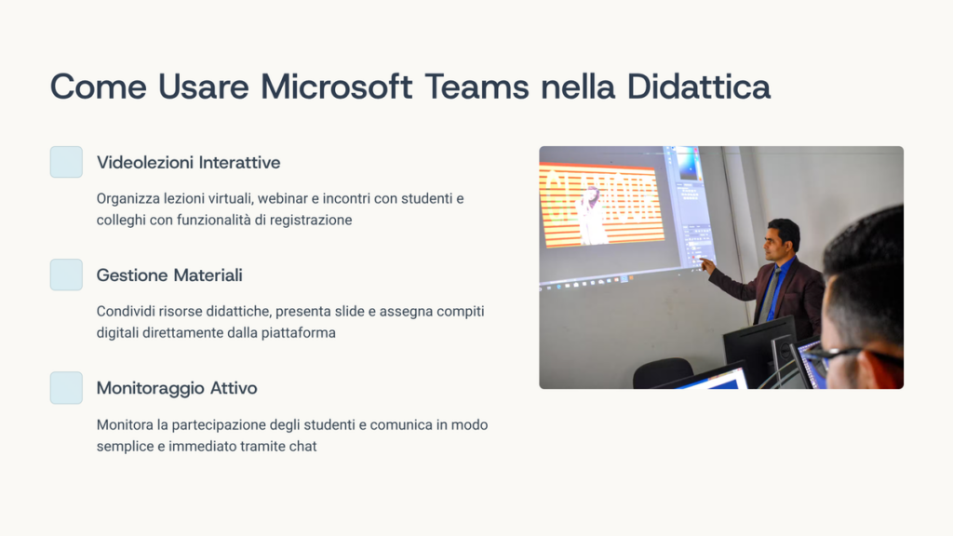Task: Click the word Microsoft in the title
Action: [x=336, y=87]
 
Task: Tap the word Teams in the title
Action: [x=476, y=87]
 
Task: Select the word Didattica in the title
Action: [x=698, y=87]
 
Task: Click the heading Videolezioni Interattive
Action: [x=188, y=162]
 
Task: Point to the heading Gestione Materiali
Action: [x=169, y=275]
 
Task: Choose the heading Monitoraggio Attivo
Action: [x=177, y=388]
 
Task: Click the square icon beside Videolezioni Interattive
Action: [x=66, y=162]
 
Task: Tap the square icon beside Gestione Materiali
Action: [x=66, y=275]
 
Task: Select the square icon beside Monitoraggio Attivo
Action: [x=66, y=388]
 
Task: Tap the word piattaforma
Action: [x=299, y=333]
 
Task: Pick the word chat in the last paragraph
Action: [x=302, y=446]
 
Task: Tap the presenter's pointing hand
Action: [x=707, y=265]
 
